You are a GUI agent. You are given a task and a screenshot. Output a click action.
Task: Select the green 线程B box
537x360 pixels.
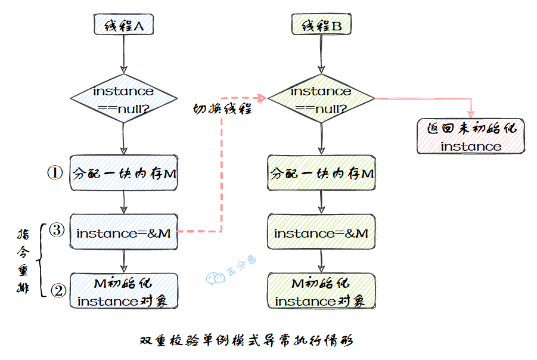tap(321, 26)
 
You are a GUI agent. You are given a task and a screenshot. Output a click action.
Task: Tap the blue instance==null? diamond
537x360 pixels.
tap(123, 99)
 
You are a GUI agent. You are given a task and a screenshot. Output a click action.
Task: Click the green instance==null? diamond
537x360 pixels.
tap(321, 99)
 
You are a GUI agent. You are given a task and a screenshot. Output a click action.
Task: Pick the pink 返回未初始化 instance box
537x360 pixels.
tap(471, 137)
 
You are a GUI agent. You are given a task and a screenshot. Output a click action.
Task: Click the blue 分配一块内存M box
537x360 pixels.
tap(123, 173)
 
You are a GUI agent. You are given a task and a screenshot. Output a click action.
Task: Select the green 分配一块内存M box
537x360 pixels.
tap(321, 173)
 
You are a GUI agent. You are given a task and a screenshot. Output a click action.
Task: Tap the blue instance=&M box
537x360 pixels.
tap(123, 233)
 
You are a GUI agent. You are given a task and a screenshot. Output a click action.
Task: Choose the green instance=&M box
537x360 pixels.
tap(321, 233)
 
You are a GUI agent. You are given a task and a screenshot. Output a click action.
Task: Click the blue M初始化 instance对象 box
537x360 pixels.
tap(123, 291)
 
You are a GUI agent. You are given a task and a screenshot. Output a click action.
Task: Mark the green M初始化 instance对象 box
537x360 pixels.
tap(321, 291)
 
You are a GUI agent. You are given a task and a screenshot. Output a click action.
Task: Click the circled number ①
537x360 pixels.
tap(55, 173)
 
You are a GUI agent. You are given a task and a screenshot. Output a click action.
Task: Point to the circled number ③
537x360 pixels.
tap(56, 230)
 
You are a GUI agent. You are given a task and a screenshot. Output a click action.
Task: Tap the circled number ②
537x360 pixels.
tap(58, 290)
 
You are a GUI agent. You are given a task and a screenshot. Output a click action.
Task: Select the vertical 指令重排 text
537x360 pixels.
tap(22, 260)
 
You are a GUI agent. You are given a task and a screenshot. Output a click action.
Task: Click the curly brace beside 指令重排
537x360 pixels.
tap(41, 260)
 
